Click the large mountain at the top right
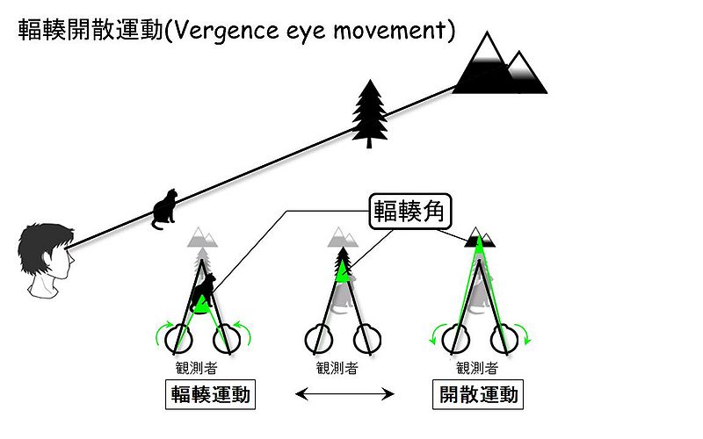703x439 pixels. [496, 66]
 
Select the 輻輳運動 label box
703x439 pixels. [209, 394]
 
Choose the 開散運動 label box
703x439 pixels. [478, 394]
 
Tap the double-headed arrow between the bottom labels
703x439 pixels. [344, 395]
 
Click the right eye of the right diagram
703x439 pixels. [504, 337]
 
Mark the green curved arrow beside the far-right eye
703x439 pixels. [524, 335]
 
